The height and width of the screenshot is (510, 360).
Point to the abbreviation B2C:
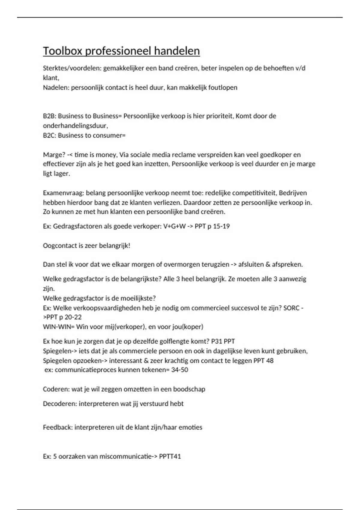49,135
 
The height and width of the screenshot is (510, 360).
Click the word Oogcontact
60,246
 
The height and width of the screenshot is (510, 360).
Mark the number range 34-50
180,370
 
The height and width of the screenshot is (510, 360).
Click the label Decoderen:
60,404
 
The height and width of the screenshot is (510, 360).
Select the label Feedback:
58,427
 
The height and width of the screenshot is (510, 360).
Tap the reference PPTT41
170,457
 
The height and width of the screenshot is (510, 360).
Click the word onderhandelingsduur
75,126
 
